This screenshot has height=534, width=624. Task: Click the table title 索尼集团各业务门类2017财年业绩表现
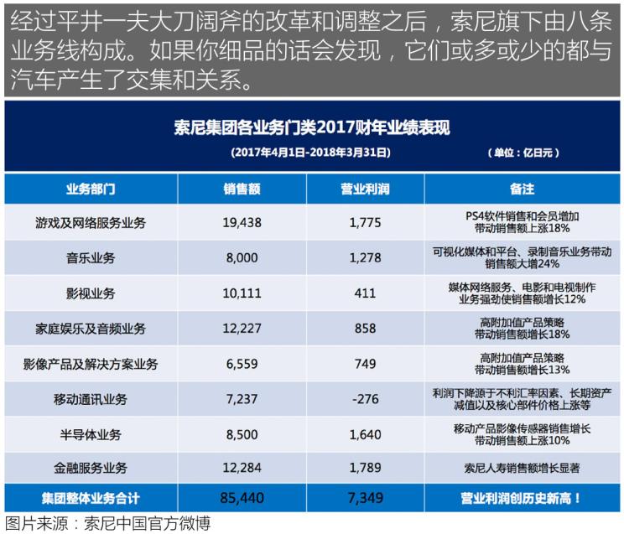(312, 128)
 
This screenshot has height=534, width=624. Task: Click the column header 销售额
(242, 189)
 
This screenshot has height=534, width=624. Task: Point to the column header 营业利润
(365, 189)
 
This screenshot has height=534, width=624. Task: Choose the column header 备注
(522, 189)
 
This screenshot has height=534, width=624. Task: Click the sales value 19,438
(242, 223)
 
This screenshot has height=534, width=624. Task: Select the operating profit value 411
(365, 293)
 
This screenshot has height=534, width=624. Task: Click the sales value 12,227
(242, 329)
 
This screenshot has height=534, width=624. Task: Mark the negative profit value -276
(365, 400)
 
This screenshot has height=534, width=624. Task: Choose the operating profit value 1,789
(365, 470)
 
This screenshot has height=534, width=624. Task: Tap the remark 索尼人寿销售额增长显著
(522, 470)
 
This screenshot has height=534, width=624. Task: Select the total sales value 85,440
(242, 499)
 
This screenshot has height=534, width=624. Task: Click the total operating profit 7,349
(365, 499)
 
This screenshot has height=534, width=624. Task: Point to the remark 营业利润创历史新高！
(522, 499)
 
